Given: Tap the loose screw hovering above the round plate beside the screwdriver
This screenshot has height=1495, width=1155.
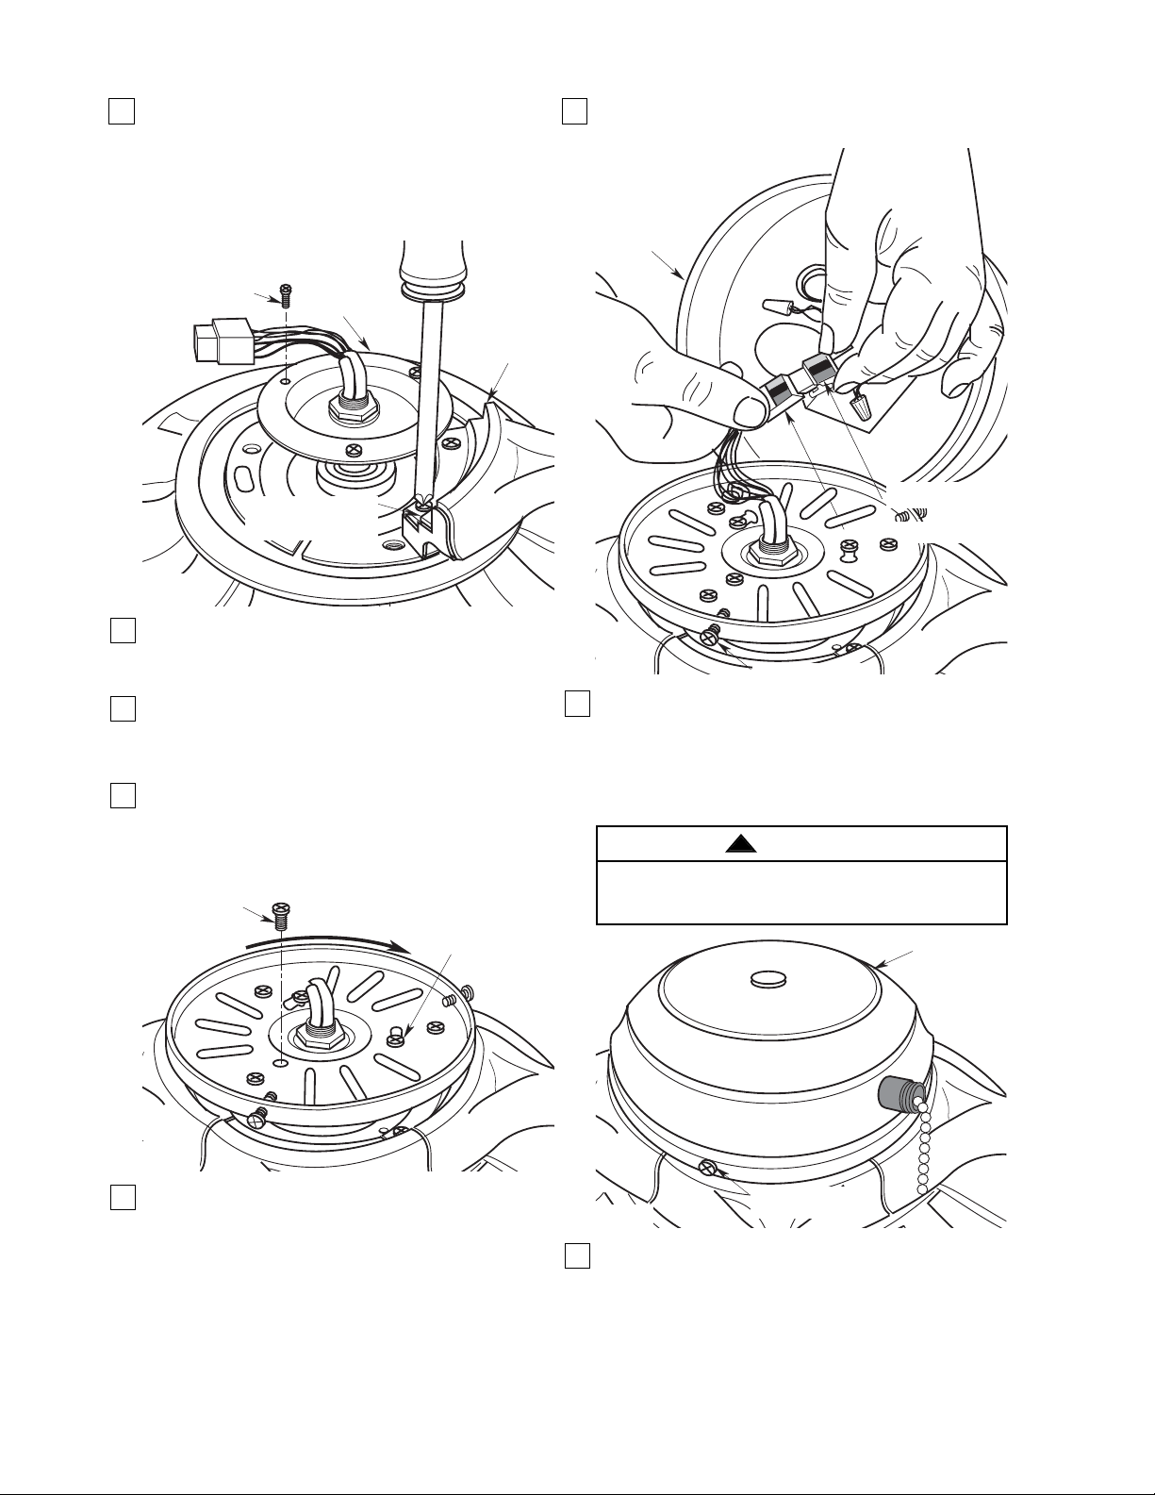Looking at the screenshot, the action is [x=284, y=295].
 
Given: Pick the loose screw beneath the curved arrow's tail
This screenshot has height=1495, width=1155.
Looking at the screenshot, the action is [x=281, y=912].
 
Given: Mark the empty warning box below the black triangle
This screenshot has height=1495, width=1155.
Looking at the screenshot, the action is [x=802, y=892].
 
